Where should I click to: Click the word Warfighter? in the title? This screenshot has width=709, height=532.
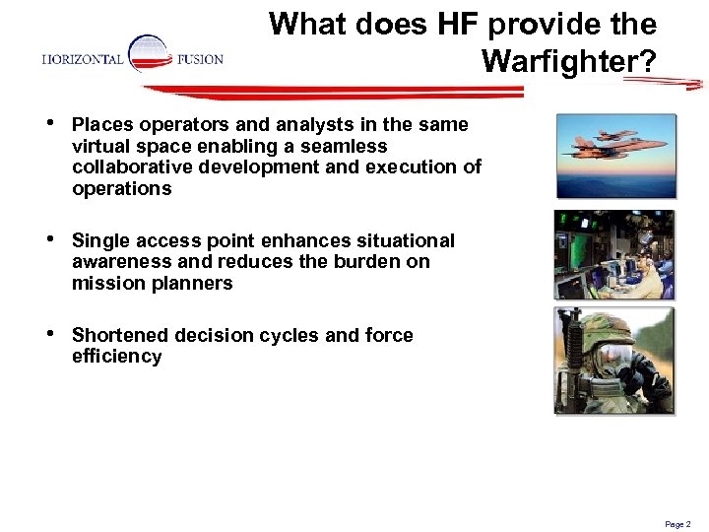click(568, 62)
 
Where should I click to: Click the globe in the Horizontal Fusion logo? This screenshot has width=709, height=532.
click(149, 54)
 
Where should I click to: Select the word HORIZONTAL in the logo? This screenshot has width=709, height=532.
click(83, 60)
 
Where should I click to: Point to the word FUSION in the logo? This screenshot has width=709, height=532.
click(200, 60)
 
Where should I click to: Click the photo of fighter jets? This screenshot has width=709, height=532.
click(615, 157)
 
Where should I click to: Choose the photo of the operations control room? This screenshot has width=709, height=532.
click(615, 254)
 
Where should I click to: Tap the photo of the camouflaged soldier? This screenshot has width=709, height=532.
click(615, 360)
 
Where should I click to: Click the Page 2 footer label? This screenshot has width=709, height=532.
click(677, 524)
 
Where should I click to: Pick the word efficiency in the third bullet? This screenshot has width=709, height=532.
click(116, 357)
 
